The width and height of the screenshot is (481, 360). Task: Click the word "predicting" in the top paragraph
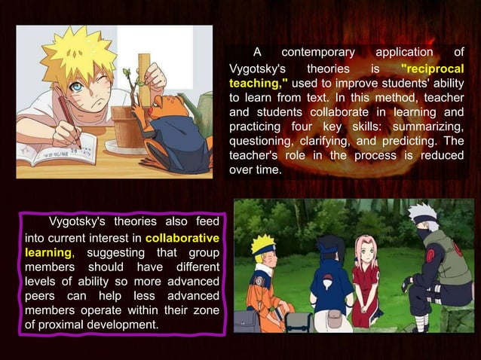click(420, 140)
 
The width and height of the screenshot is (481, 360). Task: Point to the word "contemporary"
click(317, 53)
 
